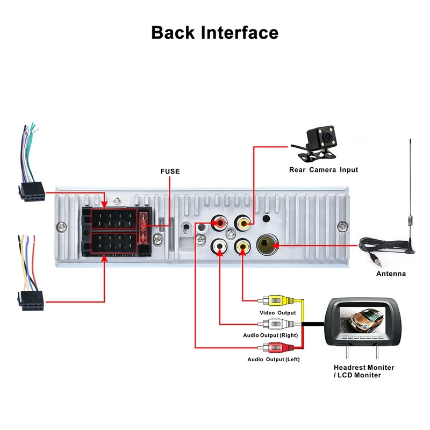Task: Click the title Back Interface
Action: coord(214,32)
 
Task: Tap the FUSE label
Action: coord(170,171)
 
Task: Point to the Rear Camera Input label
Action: coord(322,170)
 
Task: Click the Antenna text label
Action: coord(391,274)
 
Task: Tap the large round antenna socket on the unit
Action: coord(267,247)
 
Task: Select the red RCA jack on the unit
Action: coord(220,221)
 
